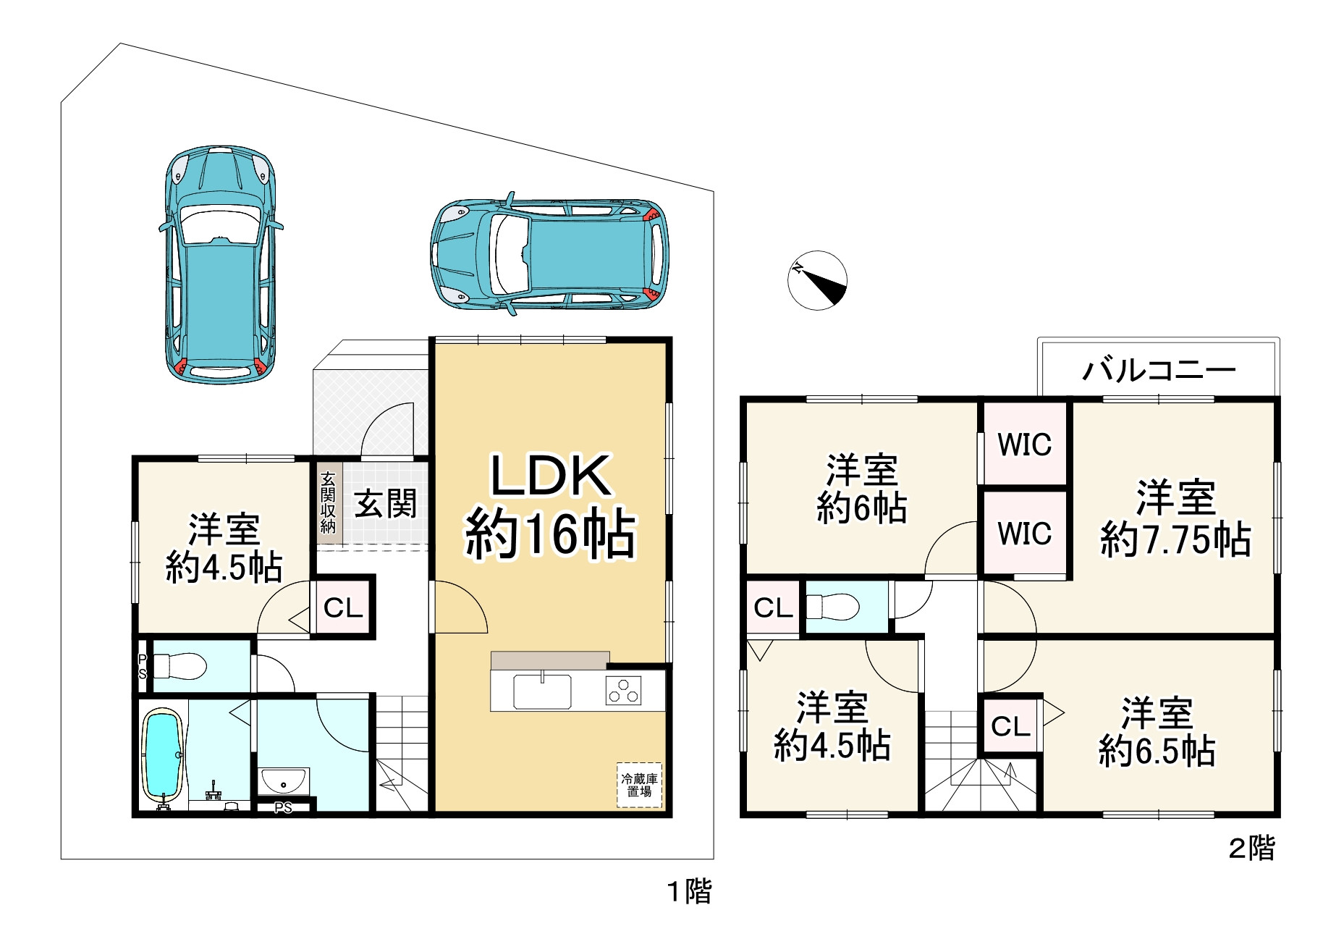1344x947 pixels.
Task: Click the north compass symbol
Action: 817,280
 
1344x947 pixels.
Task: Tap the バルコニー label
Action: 1159,371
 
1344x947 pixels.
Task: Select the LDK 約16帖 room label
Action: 550,506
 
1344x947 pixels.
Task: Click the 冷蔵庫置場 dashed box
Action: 639,785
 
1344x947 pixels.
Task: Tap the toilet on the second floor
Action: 832,606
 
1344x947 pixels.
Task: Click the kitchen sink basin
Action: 542,691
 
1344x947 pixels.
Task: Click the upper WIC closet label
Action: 1024,445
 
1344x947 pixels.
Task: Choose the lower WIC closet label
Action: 1024,534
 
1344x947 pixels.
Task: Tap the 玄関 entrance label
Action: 386,503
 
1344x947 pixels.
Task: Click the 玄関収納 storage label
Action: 328,502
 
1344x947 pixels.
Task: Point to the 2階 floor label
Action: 1252,848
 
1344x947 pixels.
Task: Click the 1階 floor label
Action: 689,891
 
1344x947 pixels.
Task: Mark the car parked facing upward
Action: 221,264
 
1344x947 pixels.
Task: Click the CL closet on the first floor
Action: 342,607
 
